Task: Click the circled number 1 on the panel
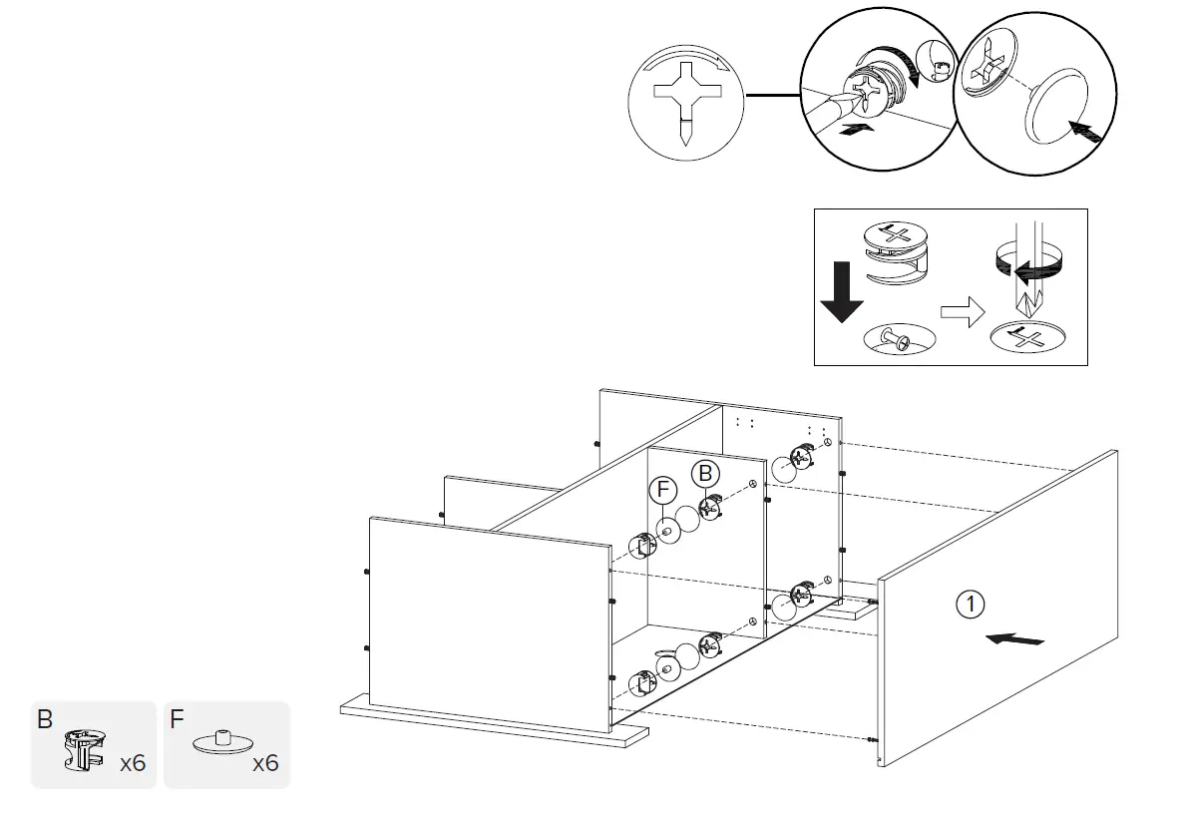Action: point(971,603)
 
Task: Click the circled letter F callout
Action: point(662,490)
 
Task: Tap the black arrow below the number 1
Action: point(1013,637)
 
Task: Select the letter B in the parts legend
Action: point(45,719)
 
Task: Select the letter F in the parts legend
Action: point(177,719)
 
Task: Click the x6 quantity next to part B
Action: point(133,764)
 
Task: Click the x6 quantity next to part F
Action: point(265,764)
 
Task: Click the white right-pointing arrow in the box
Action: point(961,313)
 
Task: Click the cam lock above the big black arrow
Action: point(895,249)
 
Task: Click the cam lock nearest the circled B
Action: point(710,507)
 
